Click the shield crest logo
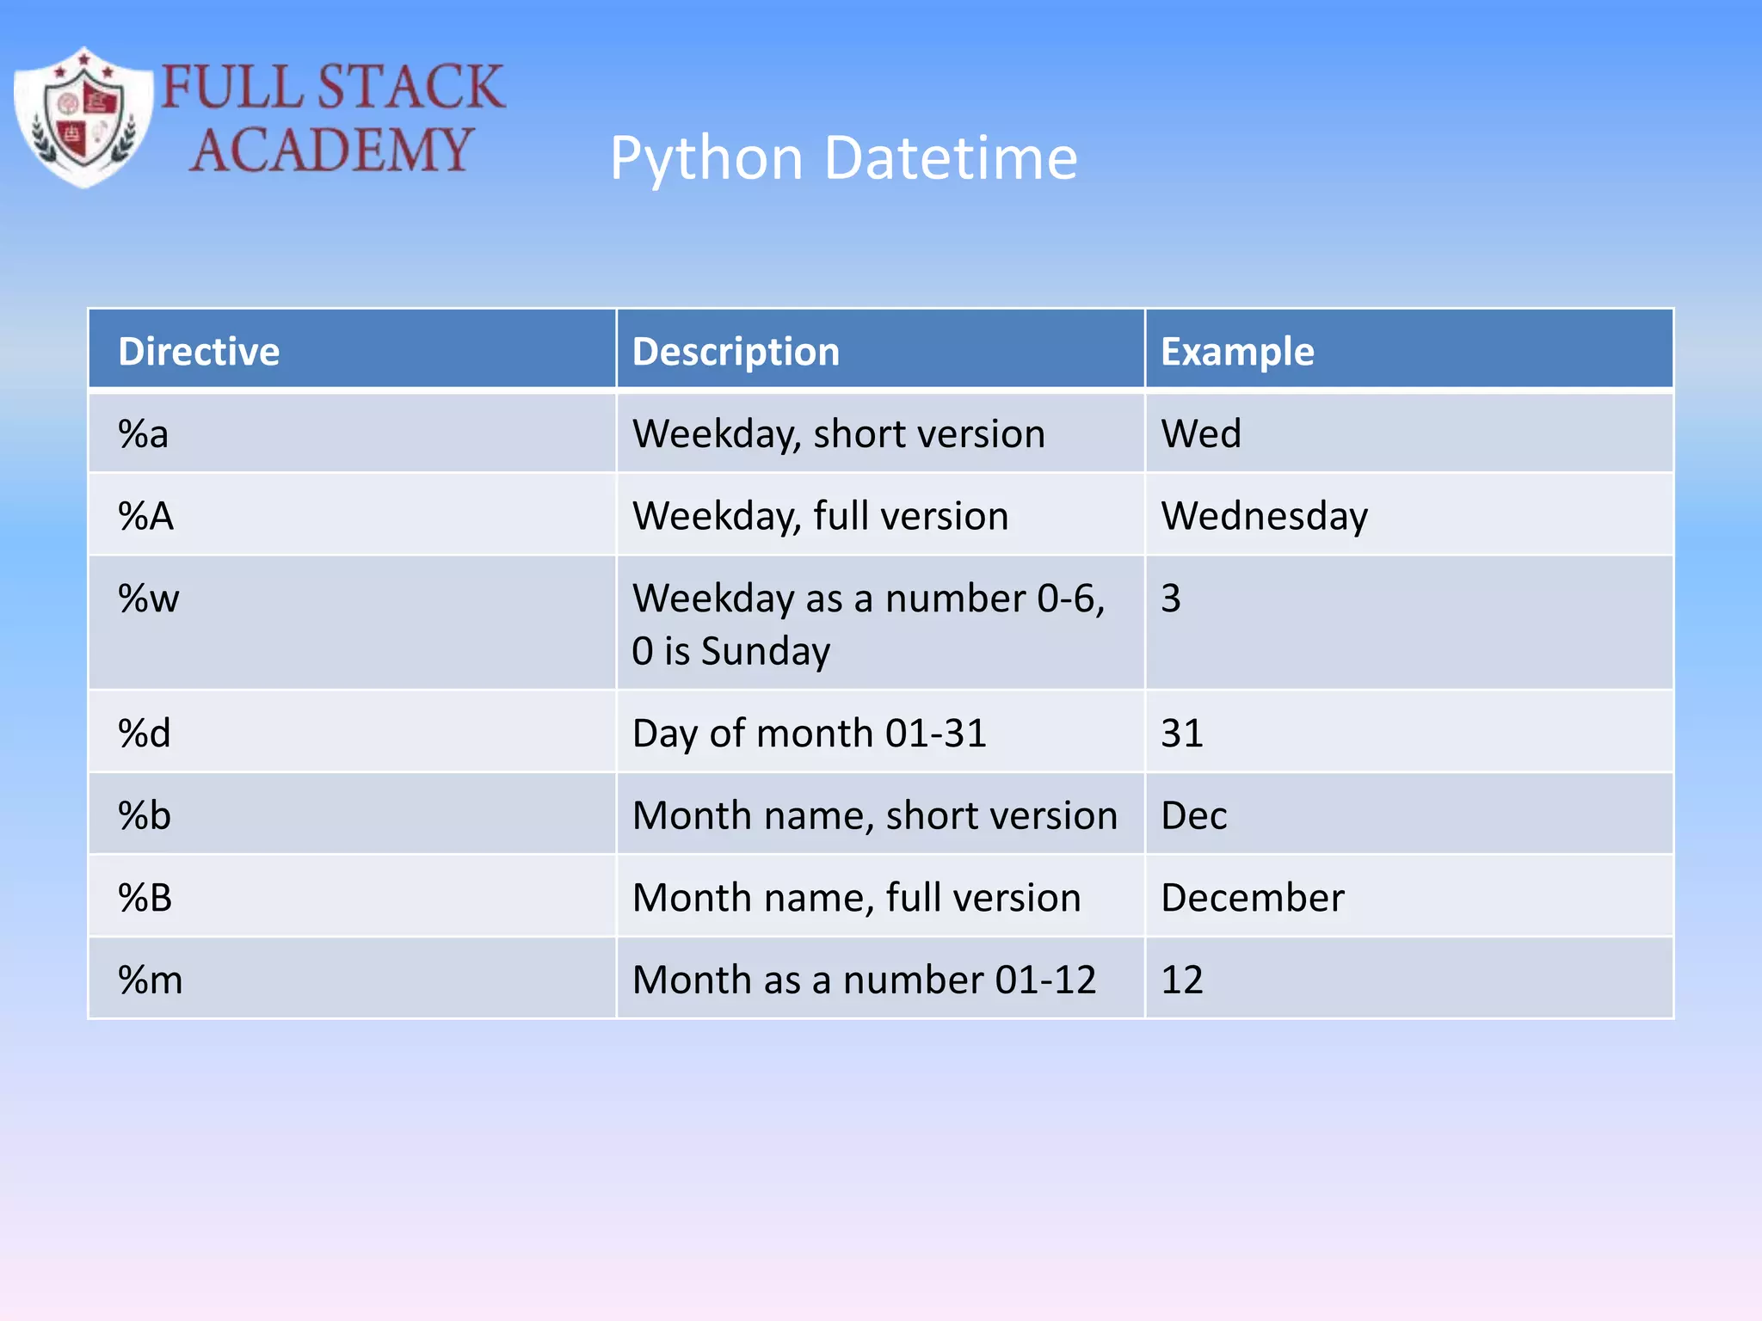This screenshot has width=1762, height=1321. click(x=83, y=117)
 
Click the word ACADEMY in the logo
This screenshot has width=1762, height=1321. click(x=331, y=151)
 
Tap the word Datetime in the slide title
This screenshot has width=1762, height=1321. click(x=950, y=158)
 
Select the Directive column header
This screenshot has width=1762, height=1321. click(x=199, y=352)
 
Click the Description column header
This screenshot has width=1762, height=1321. click(x=736, y=352)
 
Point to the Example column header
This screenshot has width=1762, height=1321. click(x=1237, y=352)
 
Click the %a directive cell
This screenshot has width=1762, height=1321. click(x=144, y=433)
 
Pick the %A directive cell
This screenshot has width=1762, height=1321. click(x=146, y=516)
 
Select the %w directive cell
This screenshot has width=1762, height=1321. click(x=149, y=599)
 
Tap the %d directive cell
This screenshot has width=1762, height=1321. click(x=145, y=734)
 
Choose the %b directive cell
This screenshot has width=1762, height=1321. click(x=145, y=815)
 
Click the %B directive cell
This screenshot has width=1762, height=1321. click(x=145, y=898)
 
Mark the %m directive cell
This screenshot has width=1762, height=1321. click(x=151, y=980)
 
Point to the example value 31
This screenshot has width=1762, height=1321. click(x=1182, y=734)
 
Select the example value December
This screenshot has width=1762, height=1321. click(x=1252, y=898)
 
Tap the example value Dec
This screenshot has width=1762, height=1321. click(x=1193, y=815)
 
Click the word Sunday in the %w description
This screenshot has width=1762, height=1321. click(x=766, y=651)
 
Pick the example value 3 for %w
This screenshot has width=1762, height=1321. click(x=1171, y=599)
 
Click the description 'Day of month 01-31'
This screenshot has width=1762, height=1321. click(x=809, y=734)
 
